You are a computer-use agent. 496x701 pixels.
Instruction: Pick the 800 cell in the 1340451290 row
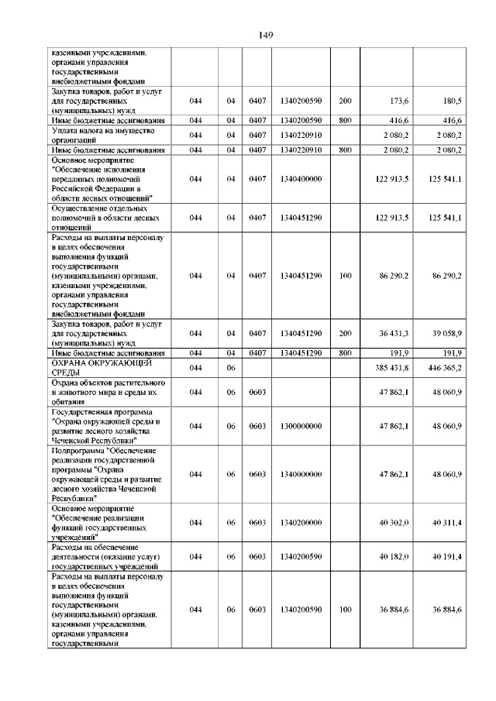(x=345, y=352)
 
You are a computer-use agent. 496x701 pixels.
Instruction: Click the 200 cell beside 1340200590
(x=345, y=101)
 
